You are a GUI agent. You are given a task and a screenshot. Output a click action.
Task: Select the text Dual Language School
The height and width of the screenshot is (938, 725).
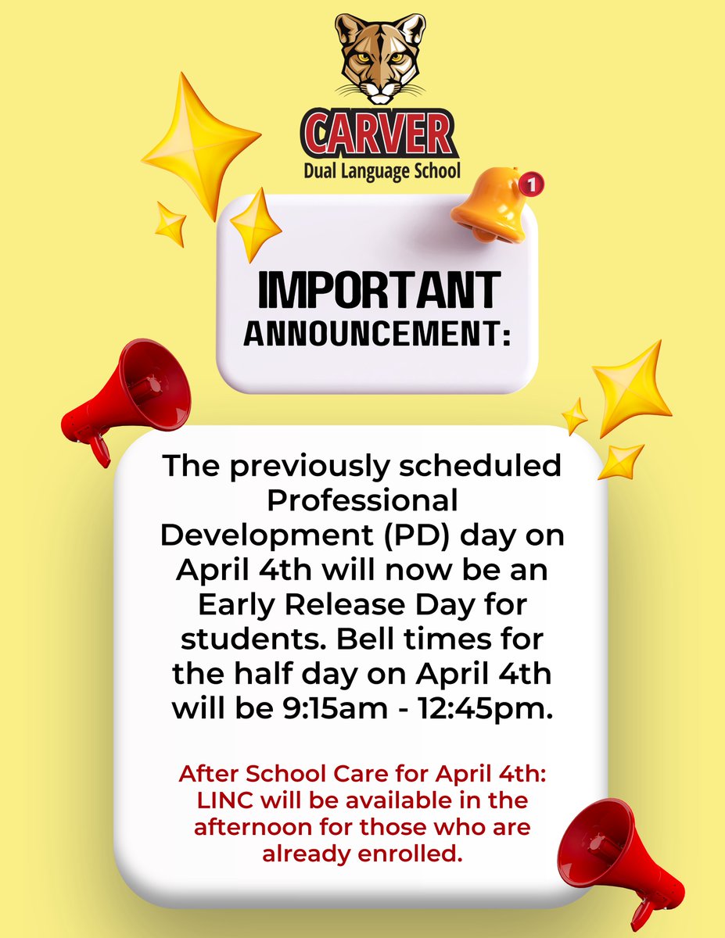coord(381,170)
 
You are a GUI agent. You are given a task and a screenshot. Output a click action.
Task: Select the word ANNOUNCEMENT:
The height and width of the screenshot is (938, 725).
coord(377,334)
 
